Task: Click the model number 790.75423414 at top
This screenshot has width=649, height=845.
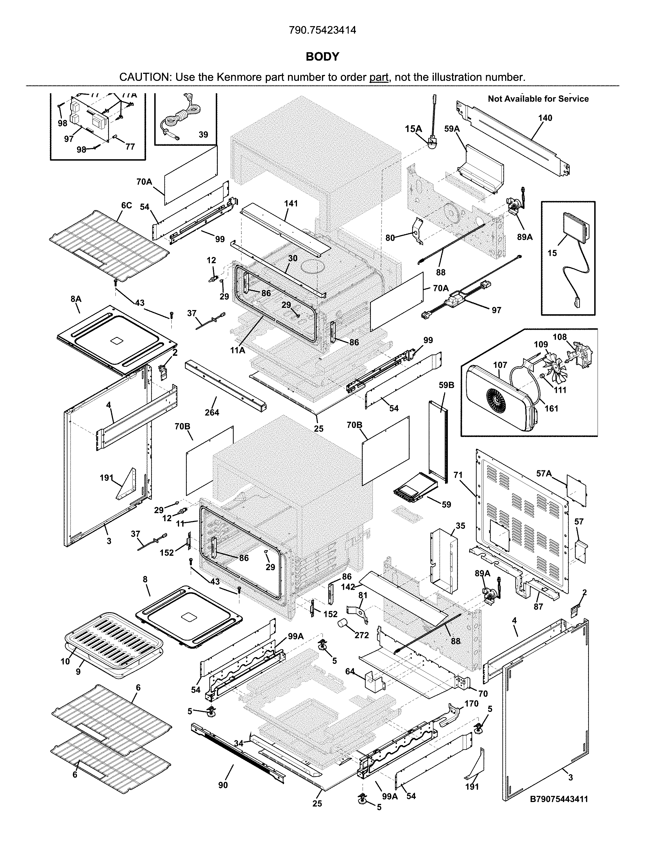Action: (x=323, y=30)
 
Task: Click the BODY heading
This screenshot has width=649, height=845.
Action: (x=323, y=57)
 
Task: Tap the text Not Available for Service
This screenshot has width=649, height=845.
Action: (x=538, y=99)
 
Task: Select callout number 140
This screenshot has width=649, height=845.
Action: (x=545, y=118)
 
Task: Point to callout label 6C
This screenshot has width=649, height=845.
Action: (x=126, y=206)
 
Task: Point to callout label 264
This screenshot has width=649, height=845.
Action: (x=212, y=413)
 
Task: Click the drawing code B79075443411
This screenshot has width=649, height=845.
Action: (x=559, y=799)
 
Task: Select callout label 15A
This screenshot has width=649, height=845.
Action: (x=413, y=129)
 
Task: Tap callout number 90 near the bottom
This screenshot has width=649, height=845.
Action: (x=223, y=785)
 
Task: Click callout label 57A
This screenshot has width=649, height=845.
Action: (x=544, y=473)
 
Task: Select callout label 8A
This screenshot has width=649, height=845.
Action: (x=76, y=299)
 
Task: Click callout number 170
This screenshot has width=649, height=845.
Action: (x=471, y=703)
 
